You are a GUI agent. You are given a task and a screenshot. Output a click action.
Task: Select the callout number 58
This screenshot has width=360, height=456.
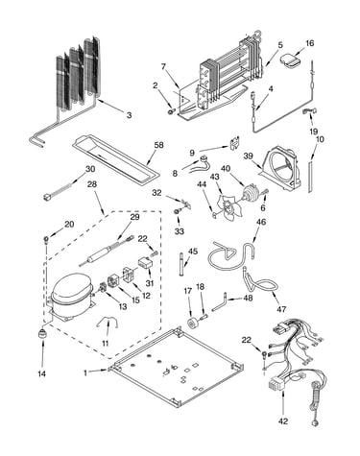(x=158, y=145)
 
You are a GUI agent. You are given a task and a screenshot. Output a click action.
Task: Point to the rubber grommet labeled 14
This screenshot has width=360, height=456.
(x=42, y=334)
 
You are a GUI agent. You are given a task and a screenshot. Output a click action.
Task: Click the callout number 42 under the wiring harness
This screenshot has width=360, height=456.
(x=283, y=421)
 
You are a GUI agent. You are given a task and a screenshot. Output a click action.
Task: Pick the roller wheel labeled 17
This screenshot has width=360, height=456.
(x=193, y=323)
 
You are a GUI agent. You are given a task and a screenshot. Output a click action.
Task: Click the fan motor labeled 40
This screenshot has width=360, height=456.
(x=250, y=193)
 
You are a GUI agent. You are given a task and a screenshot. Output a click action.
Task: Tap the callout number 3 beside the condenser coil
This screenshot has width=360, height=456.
(x=129, y=115)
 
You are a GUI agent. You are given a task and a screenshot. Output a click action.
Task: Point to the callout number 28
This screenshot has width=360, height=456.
(x=92, y=184)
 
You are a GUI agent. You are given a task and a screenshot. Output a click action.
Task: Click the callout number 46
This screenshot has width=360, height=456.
(x=261, y=222)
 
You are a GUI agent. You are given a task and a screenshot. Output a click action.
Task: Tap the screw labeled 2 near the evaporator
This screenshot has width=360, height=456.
(x=171, y=111)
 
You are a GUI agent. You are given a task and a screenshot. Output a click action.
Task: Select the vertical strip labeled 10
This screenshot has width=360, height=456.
(x=310, y=177)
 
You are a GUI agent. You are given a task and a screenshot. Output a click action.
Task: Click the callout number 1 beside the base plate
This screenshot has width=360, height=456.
(x=85, y=372)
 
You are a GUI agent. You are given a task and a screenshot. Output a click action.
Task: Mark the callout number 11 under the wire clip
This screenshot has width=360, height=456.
(x=106, y=344)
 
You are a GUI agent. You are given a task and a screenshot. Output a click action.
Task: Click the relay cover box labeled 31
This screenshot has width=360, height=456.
(x=146, y=264)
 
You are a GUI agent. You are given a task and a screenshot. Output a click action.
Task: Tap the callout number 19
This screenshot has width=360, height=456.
(x=314, y=132)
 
